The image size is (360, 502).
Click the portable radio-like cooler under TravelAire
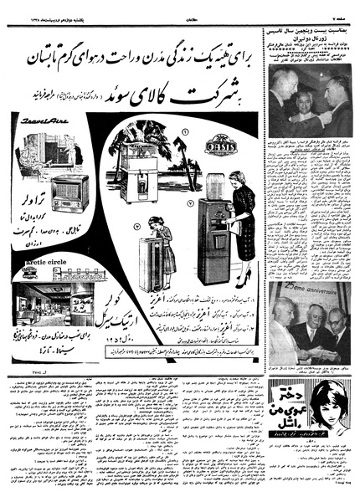[69, 192]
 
